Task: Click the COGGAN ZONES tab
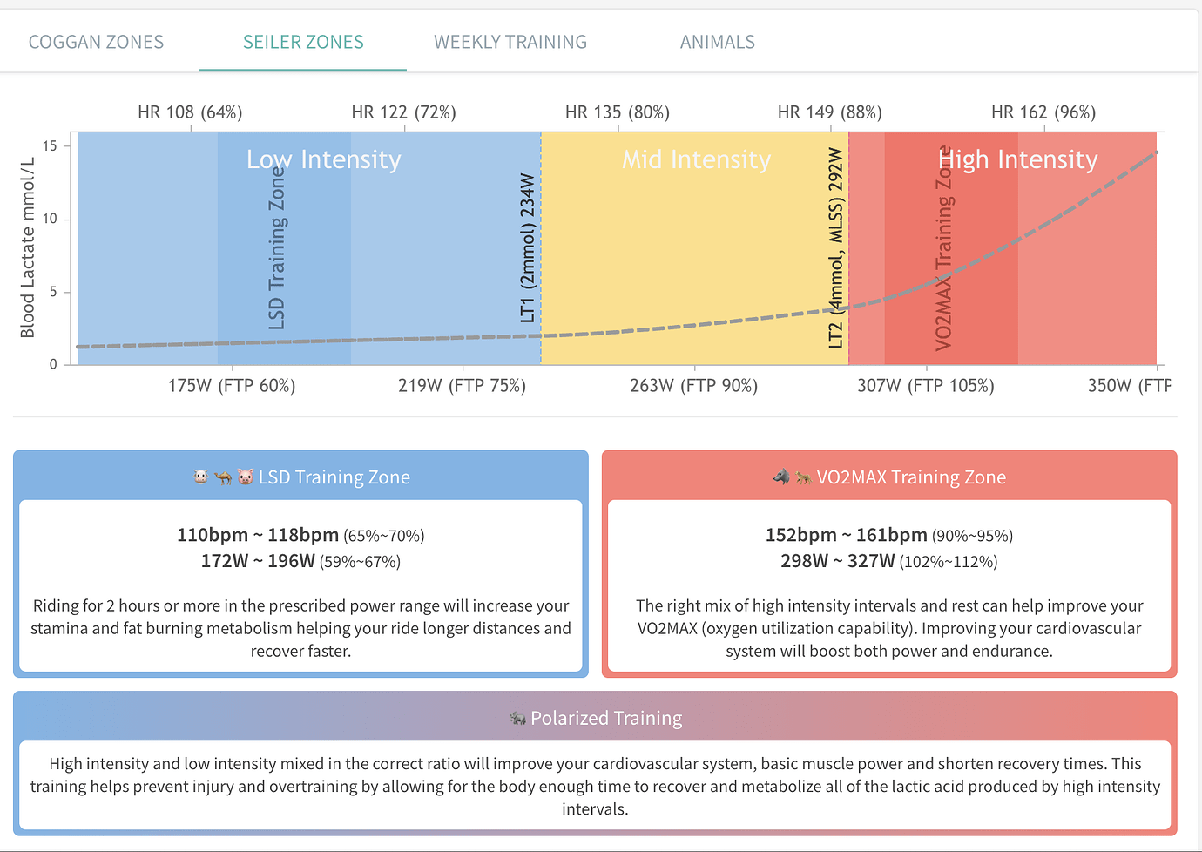click(x=96, y=42)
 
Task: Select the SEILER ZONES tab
click(x=303, y=42)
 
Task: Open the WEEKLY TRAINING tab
click(x=510, y=42)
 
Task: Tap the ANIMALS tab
click(x=717, y=42)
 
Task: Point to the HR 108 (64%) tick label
click(x=190, y=112)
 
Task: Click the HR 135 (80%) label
click(x=617, y=112)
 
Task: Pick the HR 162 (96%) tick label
click(x=1043, y=112)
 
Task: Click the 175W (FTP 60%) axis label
click(x=232, y=386)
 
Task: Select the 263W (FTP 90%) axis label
click(x=693, y=386)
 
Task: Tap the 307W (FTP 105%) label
click(x=925, y=386)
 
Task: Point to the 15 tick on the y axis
click(x=50, y=145)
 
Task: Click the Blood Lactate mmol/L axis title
click(x=28, y=248)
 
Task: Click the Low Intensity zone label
click(x=323, y=159)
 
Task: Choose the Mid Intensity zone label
click(x=696, y=159)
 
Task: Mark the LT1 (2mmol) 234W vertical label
click(x=527, y=247)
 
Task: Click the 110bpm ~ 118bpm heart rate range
click(x=258, y=535)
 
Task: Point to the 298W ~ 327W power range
click(x=837, y=561)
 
